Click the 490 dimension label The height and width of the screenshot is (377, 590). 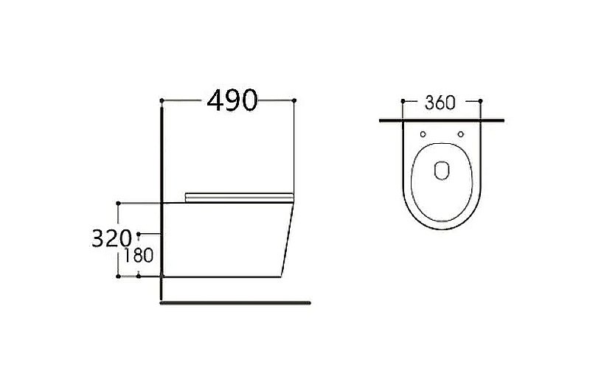(x=232, y=100)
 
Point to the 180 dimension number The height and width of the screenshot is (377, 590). (x=139, y=256)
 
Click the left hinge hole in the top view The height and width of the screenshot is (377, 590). (x=422, y=134)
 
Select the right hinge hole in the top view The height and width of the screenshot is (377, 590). (x=461, y=134)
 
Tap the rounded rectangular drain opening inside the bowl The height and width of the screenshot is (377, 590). (x=442, y=170)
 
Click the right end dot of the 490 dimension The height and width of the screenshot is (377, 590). (x=294, y=100)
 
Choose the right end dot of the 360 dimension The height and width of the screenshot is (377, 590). (x=480, y=101)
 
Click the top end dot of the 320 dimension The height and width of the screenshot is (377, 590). (x=118, y=201)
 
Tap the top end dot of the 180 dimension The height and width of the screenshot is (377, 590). (x=139, y=234)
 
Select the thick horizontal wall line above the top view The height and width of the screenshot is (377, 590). (x=442, y=119)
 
